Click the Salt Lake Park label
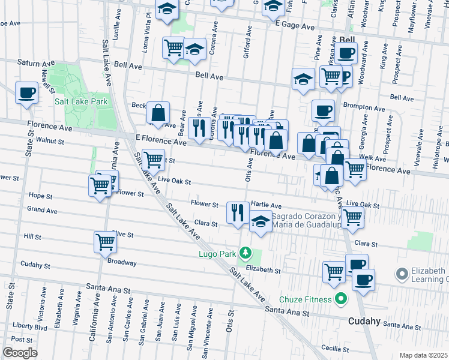(81, 101)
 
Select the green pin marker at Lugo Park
(244, 252)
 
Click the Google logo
(20, 353)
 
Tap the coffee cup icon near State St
(26, 93)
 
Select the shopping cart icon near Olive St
(105, 242)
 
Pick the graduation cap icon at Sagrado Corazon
(260, 222)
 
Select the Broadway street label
(122, 263)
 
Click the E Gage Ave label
(294, 27)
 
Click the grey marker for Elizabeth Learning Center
(402, 274)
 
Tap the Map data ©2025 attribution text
(423, 355)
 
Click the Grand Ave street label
(42, 211)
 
